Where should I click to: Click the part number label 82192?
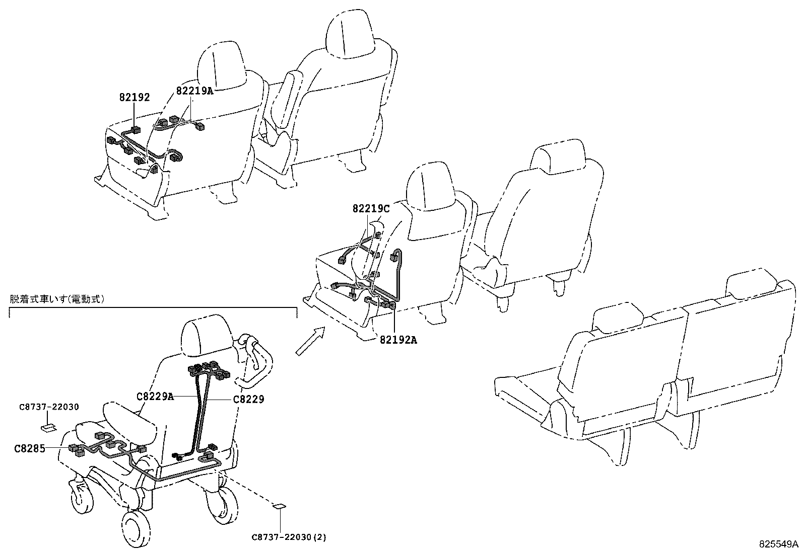tap(135, 98)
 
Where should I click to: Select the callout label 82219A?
tap(194, 91)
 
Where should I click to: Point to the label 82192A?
tap(398, 340)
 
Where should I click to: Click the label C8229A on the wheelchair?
tap(155, 397)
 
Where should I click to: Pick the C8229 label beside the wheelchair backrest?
tap(248, 399)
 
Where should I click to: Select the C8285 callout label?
tap(29, 448)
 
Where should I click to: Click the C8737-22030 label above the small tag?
tap(49, 407)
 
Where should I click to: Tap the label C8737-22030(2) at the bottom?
tap(289, 537)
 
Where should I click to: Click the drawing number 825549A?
tap(779, 544)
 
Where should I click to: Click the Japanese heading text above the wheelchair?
tap(57, 299)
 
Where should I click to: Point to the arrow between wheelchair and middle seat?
tap(309, 341)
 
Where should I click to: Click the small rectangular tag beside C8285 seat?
tap(49, 428)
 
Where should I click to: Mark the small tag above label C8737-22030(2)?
tap(279, 506)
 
